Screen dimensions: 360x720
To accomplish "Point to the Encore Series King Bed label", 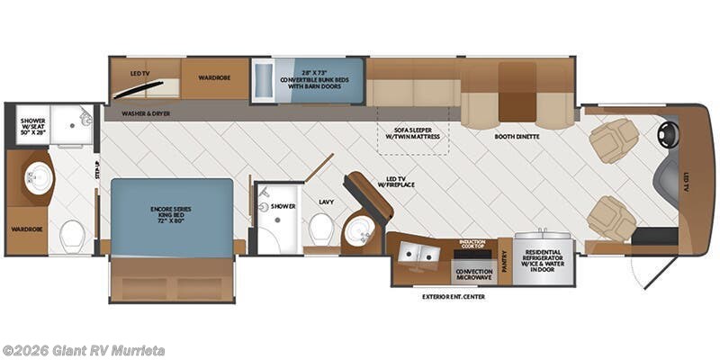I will click(171, 217).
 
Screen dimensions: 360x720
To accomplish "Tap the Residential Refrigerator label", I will click(544, 260).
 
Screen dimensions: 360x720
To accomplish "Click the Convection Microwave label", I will click(473, 274).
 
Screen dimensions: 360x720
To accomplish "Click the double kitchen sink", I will click(419, 256).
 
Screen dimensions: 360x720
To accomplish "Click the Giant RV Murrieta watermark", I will click(83, 350).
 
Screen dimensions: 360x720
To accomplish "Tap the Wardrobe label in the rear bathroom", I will click(27, 229).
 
